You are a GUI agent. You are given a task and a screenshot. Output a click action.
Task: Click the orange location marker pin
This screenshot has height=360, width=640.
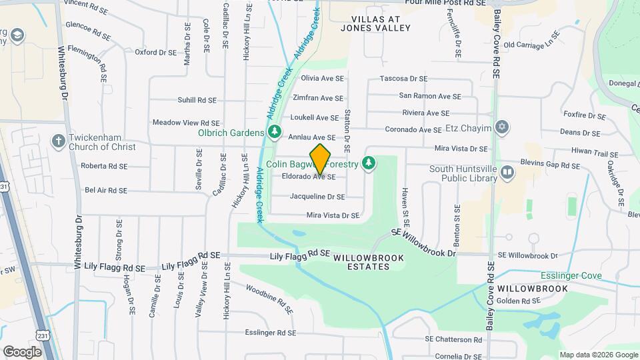(321, 158)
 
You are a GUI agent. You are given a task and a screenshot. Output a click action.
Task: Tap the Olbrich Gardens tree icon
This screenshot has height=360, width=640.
(274, 133)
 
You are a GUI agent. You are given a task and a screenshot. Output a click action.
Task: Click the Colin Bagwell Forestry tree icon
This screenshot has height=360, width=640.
(368, 163)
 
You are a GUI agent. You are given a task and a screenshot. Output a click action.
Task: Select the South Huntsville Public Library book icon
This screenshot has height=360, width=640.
(508, 173)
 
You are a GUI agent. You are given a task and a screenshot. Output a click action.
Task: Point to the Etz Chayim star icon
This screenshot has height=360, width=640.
(502, 127)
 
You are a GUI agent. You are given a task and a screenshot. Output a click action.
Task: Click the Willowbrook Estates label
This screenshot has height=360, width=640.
(361, 262)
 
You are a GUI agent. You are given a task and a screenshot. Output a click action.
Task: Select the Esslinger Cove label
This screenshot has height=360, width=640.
(571, 276)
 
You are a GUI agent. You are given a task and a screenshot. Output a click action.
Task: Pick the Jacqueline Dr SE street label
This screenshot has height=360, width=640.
(317, 197)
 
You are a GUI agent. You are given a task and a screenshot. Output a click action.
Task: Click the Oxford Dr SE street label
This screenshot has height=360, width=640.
(155, 52)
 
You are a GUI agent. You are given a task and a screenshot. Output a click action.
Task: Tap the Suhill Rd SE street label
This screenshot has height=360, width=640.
(197, 100)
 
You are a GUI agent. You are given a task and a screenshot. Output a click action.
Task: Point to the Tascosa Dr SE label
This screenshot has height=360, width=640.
(403, 79)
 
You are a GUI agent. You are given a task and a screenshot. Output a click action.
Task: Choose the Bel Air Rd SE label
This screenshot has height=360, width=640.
(106, 190)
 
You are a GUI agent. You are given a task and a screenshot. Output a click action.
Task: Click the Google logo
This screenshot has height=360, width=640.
(22, 351)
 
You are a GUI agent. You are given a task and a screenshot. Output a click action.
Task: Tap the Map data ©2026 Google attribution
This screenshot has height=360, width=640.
(598, 355)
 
